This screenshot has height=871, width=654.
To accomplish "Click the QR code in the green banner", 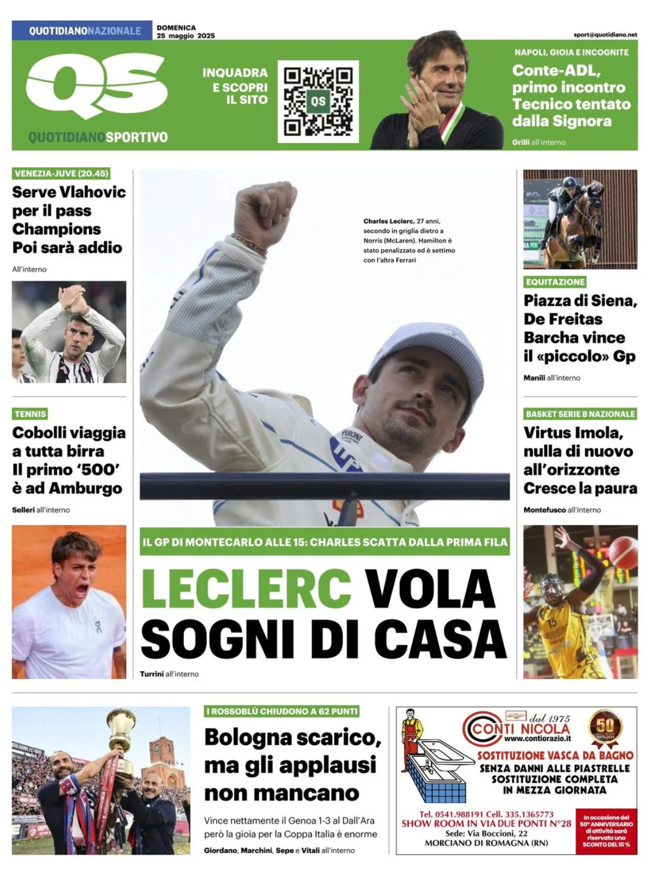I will click(318, 101).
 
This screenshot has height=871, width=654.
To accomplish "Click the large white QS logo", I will click(96, 88).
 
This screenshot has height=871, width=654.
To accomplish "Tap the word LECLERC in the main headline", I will click(247, 588).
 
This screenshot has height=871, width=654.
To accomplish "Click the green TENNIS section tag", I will click(30, 414).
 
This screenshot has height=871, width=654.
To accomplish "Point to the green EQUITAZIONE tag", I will click(555, 282).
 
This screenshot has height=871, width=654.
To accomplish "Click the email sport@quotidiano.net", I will click(605, 34).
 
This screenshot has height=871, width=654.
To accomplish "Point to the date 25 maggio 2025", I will click(186, 36).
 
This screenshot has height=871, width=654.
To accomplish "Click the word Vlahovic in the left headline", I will click(93, 192).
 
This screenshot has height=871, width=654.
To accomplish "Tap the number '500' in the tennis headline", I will click(98, 469).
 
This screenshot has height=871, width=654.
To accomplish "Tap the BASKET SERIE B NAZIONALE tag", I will click(580, 414).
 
